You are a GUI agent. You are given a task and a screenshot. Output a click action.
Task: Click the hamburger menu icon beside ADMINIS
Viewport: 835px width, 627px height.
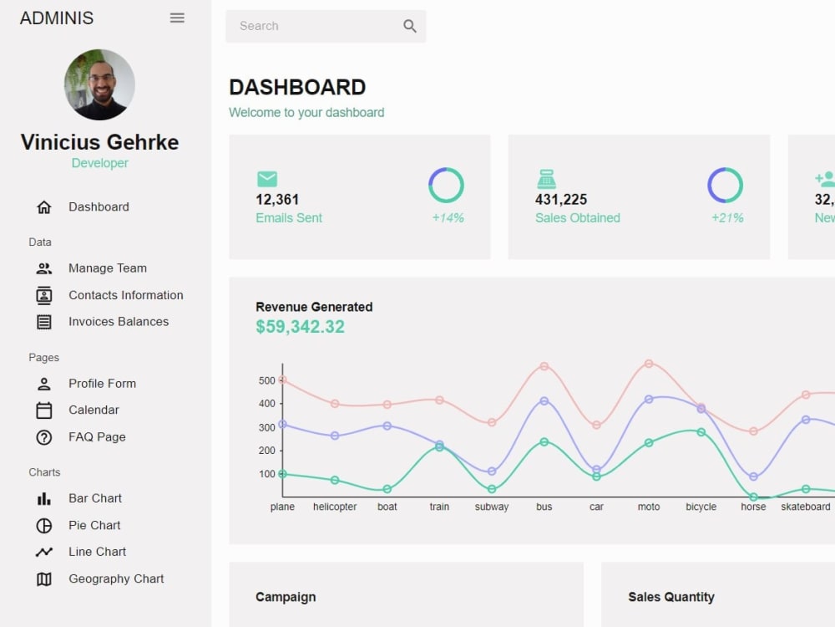(177, 18)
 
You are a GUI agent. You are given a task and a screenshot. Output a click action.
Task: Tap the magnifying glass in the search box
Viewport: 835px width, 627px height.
(409, 26)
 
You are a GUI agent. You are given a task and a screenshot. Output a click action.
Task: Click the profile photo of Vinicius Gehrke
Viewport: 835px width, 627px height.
(99, 84)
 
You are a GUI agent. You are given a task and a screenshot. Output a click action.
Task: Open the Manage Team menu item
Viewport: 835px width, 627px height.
(107, 268)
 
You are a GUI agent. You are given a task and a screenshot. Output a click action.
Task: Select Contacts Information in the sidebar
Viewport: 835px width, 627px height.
(125, 295)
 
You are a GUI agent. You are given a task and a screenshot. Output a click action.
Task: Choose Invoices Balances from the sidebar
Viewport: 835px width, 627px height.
(118, 322)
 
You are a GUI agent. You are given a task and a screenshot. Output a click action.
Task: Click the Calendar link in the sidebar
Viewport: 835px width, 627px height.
(94, 410)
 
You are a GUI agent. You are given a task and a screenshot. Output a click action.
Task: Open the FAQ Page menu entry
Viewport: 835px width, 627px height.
(97, 437)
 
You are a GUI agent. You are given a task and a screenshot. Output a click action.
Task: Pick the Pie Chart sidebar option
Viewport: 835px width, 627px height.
(94, 525)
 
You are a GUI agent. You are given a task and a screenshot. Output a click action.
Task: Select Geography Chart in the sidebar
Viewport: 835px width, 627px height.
(116, 579)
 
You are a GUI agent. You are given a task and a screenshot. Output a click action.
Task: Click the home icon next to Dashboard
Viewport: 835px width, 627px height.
(44, 207)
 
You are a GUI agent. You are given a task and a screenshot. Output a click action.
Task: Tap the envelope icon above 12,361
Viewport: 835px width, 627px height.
(267, 179)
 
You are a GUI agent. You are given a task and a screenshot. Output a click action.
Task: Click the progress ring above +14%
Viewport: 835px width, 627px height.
(446, 186)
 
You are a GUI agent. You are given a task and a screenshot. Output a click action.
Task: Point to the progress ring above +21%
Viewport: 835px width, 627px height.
(725, 186)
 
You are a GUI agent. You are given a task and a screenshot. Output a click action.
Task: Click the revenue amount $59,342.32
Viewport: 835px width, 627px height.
(300, 327)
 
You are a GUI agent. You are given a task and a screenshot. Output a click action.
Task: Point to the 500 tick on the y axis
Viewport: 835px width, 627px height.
(266, 380)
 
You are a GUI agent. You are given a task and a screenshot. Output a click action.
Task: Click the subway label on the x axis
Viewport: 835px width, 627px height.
(492, 507)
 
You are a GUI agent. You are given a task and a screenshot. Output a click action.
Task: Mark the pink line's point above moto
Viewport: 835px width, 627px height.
(649, 364)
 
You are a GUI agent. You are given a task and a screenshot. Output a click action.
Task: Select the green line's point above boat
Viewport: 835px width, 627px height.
(387, 489)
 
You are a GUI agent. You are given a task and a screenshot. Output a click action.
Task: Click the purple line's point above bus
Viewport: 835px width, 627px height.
(544, 401)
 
